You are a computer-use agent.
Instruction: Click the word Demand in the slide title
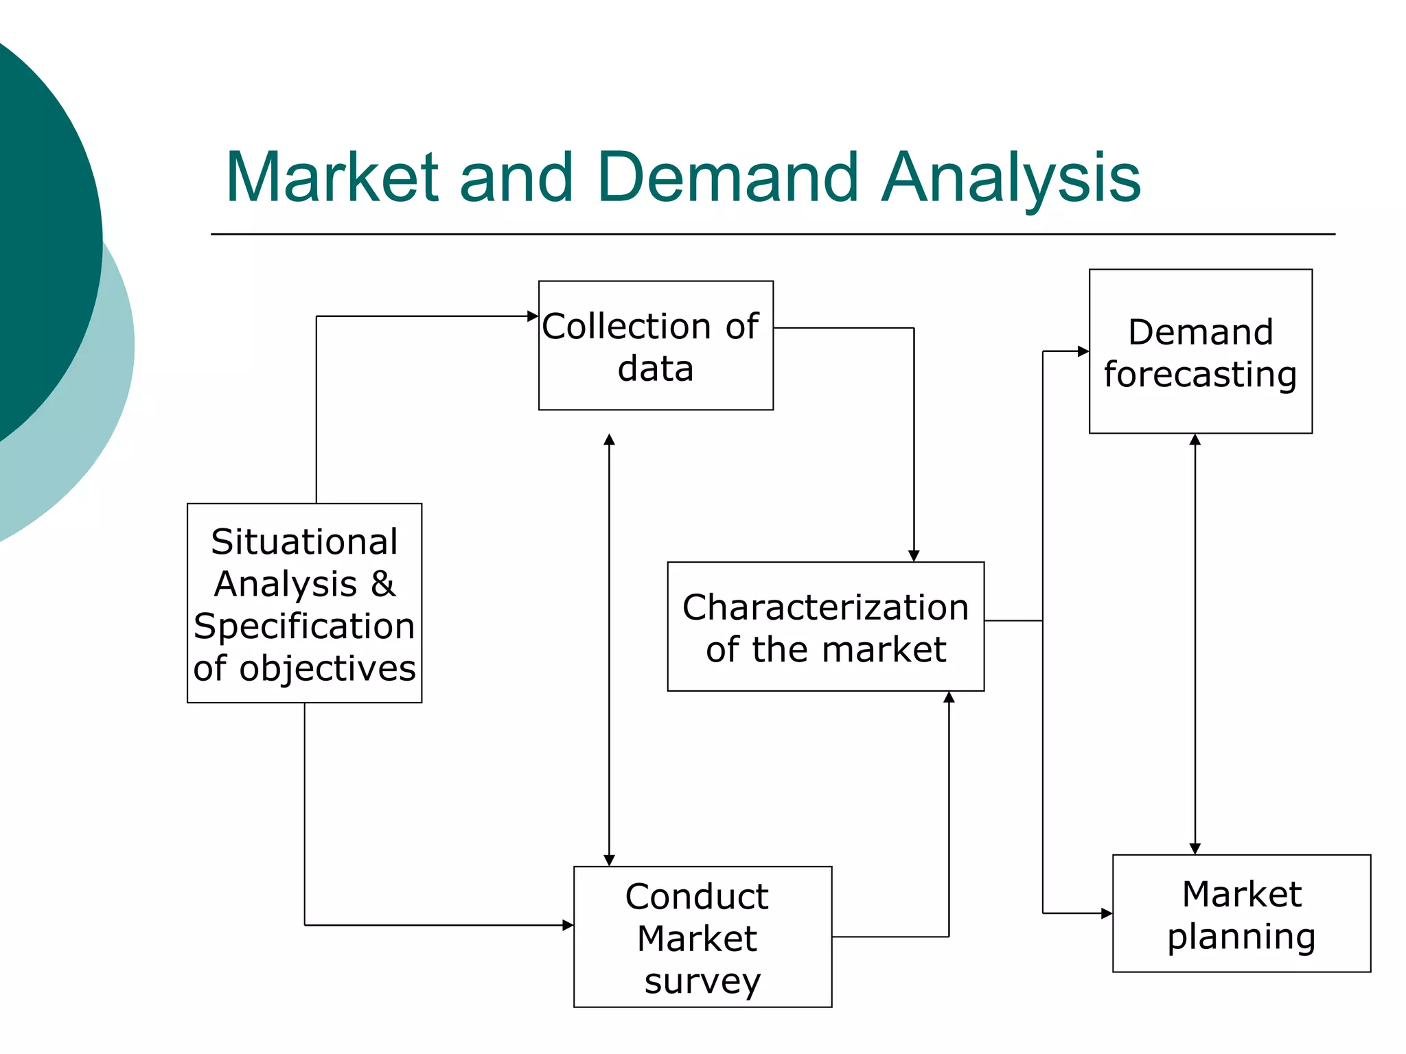[728, 178]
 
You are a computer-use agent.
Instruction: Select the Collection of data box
[656, 345]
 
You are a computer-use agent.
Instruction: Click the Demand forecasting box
[1200, 351]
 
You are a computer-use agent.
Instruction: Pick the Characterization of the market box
[825, 626]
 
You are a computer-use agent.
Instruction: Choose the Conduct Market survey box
[702, 936]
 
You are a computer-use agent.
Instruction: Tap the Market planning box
[1241, 913]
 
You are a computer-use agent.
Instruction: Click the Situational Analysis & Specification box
[304, 602]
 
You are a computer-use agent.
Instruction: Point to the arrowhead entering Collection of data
[533, 316]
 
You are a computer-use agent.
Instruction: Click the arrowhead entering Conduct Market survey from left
[568, 925]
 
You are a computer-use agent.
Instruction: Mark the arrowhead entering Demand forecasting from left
[1083, 351]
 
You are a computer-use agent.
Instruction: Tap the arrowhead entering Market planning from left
[1107, 913]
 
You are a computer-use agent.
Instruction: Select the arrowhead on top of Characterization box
[914, 556]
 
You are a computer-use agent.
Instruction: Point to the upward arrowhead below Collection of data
[609, 440]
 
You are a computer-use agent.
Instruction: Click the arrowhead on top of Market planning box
[1195, 848]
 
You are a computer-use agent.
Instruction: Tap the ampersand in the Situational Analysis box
[383, 585]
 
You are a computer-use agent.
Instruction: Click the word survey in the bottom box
[702, 980]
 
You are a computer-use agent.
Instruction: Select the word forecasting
[1200, 375]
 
